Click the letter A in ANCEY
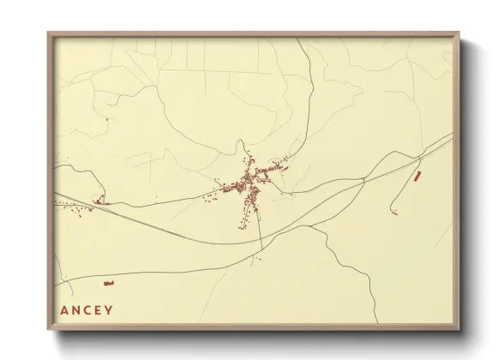coord(64,310)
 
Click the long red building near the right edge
coord(417,176)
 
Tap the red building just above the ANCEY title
coord(109,282)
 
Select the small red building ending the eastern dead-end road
coord(394,212)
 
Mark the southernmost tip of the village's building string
coord(240,227)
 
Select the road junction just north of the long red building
coord(421,158)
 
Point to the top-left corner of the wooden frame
coord(48,33)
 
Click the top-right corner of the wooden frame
coord(459,33)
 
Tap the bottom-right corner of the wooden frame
coord(459,331)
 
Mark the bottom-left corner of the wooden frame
coord(48,331)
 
